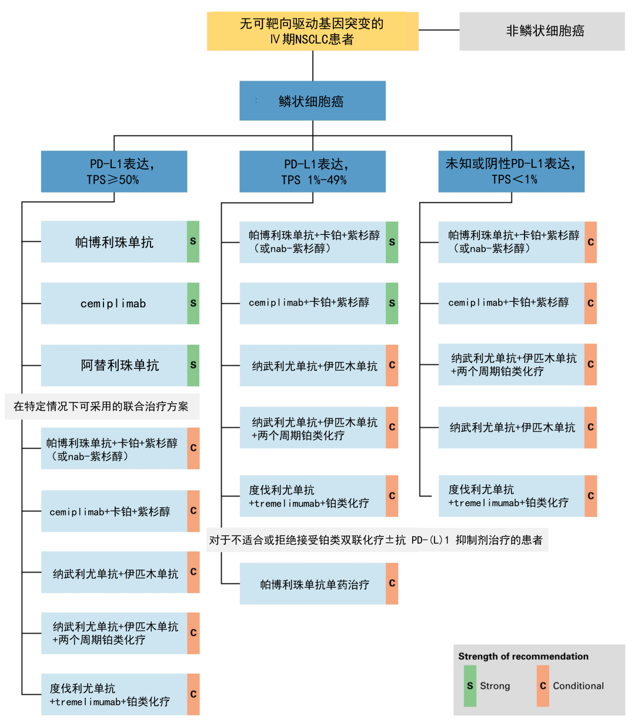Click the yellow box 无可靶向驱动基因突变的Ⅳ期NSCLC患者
point(312,31)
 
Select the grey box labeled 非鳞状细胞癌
point(542,31)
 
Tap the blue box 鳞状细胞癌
point(312,101)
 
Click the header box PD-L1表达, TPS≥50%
point(114,171)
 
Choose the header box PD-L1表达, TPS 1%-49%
point(312,171)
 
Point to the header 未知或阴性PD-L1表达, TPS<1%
point(511,171)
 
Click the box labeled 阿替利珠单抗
point(114,365)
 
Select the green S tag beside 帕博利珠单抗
point(193,241)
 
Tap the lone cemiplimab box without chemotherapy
point(114,304)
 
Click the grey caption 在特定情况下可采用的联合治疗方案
point(101,407)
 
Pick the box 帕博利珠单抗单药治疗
point(313,584)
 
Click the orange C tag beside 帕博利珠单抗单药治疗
point(392,584)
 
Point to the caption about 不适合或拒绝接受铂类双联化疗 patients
point(376,540)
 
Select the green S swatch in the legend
point(470,686)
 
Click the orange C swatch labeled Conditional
point(543,686)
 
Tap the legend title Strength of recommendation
point(523,656)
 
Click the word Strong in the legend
point(495,686)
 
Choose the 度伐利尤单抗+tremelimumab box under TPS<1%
point(511,496)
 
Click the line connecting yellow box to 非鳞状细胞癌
point(439,30)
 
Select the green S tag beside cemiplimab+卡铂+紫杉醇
point(392,303)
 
